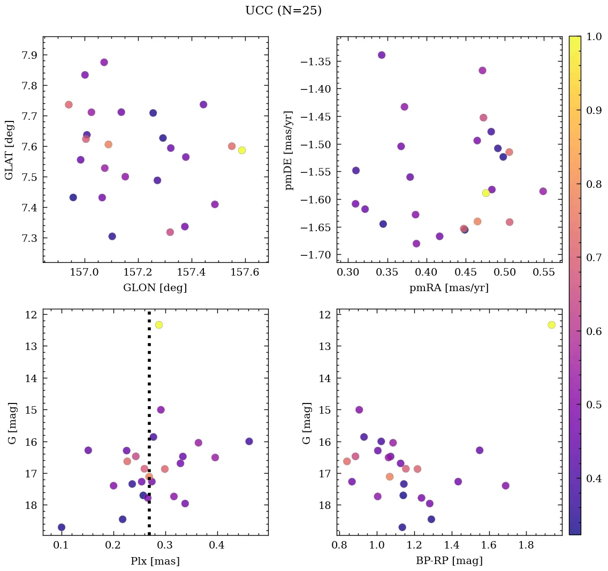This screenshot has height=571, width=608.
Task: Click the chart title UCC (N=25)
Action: tap(283, 11)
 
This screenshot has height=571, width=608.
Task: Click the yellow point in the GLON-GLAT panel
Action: tap(242, 150)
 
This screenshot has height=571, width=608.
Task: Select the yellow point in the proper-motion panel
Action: tap(486, 193)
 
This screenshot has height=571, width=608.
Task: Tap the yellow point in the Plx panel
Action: tap(159, 325)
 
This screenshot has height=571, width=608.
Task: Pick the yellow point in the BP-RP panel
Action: tap(552, 325)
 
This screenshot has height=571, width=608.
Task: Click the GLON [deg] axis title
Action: tap(155, 288)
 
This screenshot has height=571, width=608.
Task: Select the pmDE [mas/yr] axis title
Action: tap(290, 149)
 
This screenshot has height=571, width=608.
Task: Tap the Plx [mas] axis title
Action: tap(155, 561)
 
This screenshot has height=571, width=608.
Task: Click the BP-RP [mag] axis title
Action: tap(449, 561)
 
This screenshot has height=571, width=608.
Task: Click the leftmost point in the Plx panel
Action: tap(62, 527)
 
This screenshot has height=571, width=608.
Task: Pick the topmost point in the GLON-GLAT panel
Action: tap(104, 62)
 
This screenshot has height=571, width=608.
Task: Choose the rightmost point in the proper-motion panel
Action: tap(543, 191)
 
